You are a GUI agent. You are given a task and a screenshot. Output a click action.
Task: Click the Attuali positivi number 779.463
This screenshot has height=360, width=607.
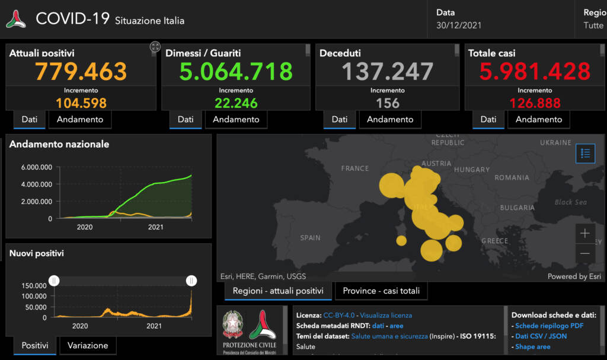point(81,72)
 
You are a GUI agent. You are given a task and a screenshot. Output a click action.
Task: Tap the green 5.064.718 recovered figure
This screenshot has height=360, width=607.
point(236,72)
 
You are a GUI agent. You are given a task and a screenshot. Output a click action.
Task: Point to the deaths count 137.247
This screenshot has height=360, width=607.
point(388,72)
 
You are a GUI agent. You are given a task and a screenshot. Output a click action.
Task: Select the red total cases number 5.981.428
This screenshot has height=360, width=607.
point(535,72)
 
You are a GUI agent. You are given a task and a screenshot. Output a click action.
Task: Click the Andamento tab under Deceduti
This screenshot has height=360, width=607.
point(390,119)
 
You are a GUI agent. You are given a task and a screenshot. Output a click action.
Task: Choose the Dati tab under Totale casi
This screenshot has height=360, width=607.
point(488,119)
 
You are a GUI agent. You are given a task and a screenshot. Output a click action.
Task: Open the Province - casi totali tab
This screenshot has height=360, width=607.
point(381,291)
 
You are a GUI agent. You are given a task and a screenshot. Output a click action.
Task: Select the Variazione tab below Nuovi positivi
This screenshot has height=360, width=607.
point(88,345)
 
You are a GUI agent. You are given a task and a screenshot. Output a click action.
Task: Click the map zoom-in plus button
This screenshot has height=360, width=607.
point(585,234)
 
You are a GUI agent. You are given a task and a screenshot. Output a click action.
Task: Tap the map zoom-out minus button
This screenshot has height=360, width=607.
point(585,253)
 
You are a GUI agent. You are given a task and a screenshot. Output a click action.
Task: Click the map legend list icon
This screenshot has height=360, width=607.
point(586,154)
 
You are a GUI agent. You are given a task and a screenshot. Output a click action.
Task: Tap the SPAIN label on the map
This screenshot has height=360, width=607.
point(310,238)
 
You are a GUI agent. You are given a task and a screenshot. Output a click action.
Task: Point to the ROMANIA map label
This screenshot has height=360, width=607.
point(512,177)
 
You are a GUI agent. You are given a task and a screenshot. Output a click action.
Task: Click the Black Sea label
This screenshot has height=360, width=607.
point(571,202)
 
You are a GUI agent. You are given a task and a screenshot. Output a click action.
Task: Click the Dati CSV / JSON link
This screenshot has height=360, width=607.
point(541,336)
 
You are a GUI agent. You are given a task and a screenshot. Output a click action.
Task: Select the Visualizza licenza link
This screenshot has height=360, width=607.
point(386,315)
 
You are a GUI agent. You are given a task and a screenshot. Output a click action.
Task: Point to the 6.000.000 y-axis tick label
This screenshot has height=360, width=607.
point(37,167)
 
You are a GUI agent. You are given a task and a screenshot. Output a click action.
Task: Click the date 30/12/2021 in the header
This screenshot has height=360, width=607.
point(459,26)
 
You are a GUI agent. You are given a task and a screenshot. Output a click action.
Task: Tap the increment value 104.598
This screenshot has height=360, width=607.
point(81,103)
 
